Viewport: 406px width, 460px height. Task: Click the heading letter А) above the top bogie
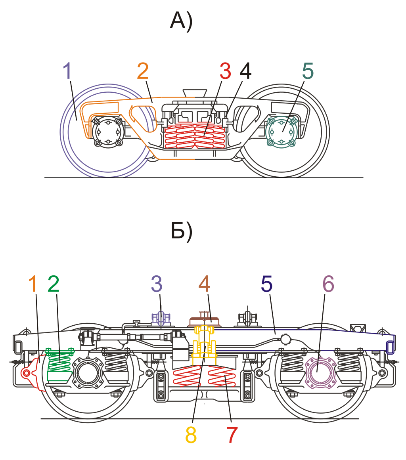pos(181,21)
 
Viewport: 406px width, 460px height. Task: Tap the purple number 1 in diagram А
pos(68,72)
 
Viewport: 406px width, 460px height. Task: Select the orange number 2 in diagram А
pos(143,72)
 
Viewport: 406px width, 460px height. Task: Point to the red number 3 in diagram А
pos(225,72)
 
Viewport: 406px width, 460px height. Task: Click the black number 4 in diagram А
pos(245,72)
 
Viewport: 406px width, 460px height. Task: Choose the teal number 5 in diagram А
pos(308,72)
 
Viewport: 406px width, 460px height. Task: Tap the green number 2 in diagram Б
pos(54,284)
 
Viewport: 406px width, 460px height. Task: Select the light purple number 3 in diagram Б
pos(157,284)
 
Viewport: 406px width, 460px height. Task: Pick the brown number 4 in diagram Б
pos(204,284)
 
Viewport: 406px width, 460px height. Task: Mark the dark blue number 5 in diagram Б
pos(267,284)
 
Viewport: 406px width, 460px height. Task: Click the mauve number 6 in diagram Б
pos(328,284)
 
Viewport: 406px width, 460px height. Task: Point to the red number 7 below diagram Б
pos(232,435)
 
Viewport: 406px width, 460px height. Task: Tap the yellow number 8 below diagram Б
pos(191,435)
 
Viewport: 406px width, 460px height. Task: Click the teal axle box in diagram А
pos(281,132)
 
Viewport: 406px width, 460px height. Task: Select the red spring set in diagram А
pos(195,137)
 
